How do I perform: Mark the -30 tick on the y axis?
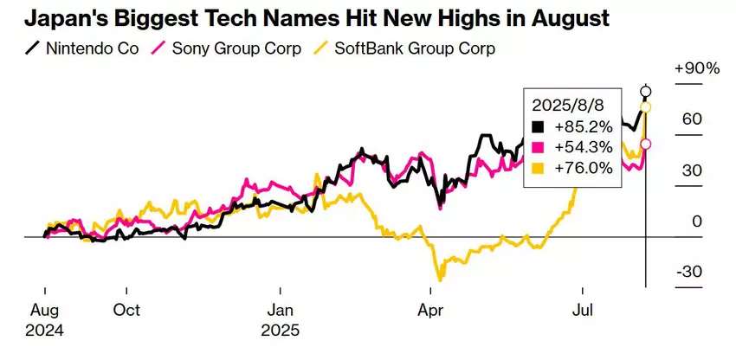coord(690,272)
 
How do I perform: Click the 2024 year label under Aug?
coord(46,330)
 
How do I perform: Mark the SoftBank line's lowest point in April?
coord(440,280)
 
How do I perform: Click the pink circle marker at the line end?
coord(645,145)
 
